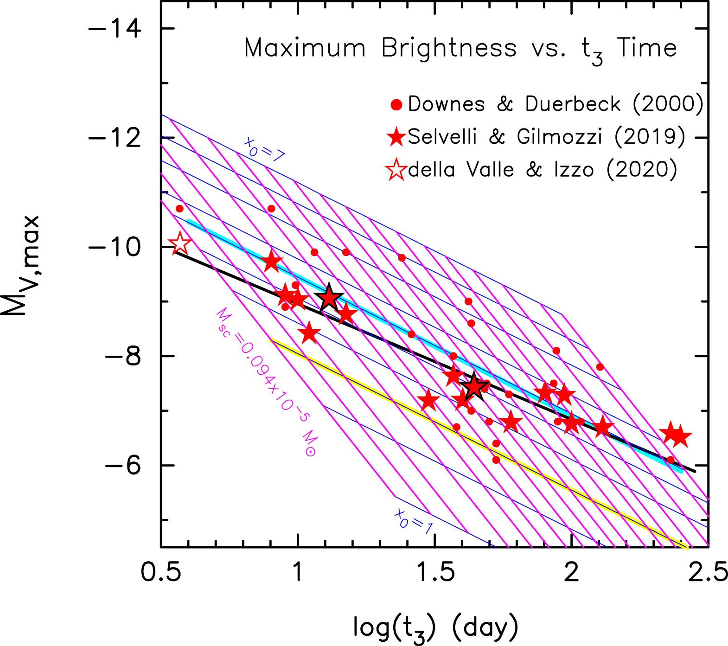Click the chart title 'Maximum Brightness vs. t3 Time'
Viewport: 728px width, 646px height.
[460, 49]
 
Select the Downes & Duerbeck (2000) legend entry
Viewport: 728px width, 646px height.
[556, 104]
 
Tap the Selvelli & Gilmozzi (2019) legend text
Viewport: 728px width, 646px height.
[546, 137]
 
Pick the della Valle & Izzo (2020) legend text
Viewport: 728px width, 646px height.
[543, 170]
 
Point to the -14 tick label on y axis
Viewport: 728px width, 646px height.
[115, 29]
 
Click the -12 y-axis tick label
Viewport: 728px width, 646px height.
[115, 138]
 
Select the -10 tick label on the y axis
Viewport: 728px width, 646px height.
[115, 247]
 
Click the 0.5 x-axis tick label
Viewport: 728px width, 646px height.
[160, 572]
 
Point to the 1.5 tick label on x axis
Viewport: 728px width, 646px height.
[434, 572]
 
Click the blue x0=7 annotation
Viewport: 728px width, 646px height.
[264, 150]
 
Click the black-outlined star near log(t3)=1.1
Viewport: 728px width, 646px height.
[329, 298]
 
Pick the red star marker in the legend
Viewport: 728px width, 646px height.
[396, 137]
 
